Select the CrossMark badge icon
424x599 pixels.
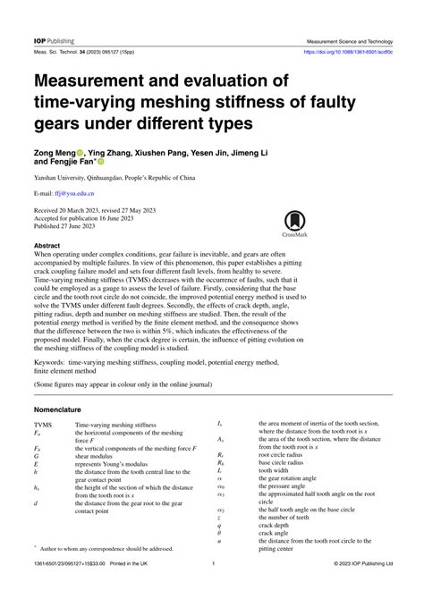294,225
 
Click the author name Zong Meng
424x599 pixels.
58,153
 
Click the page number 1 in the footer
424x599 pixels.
212,588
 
